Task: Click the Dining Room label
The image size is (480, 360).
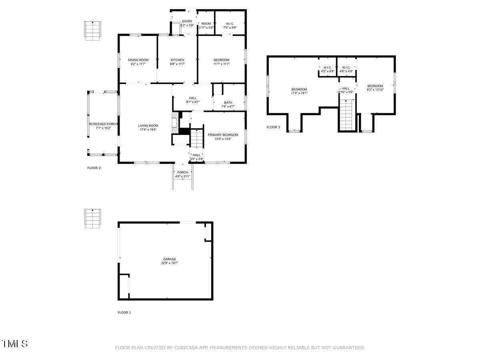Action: (x=138, y=60)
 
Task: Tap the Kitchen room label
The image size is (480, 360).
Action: (x=177, y=60)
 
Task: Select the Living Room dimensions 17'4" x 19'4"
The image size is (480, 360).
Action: (x=148, y=130)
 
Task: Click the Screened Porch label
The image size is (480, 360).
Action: (x=103, y=124)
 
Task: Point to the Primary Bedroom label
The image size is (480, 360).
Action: (x=223, y=135)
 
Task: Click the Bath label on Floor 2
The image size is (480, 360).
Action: (x=228, y=102)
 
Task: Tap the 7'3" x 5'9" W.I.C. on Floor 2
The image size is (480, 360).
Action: (x=230, y=26)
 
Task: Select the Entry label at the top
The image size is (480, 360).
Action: (x=187, y=22)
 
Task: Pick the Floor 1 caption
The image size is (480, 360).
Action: (x=124, y=312)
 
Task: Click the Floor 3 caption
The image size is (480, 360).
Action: (x=274, y=128)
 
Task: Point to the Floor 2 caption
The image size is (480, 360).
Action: (x=94, y=168)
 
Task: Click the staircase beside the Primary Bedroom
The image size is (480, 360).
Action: (x=196, y=138)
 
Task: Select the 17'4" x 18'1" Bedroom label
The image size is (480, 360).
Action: (x=299, y=89)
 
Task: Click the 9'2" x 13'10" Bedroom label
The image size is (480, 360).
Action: (x=375, y=86)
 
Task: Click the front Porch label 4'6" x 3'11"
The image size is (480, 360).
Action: (x=183, y=172)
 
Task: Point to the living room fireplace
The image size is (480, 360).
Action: (x=174, y=120)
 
